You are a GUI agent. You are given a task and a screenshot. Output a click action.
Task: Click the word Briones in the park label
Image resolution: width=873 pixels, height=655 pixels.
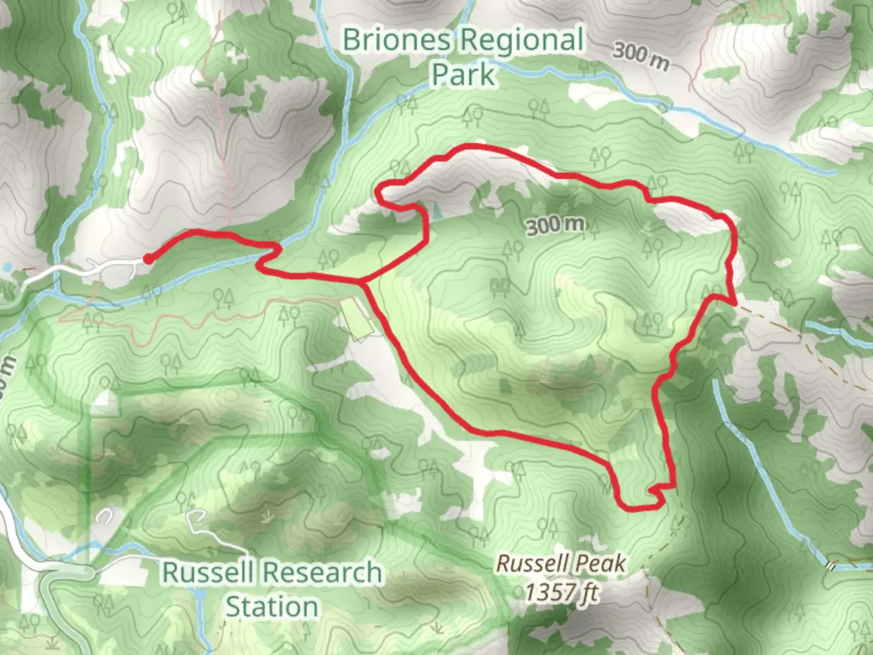coord(397,40)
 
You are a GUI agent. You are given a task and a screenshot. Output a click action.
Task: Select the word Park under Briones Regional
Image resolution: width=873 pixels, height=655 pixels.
coord(463,75)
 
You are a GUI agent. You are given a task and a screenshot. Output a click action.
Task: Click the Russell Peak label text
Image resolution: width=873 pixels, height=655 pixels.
coord(561,563)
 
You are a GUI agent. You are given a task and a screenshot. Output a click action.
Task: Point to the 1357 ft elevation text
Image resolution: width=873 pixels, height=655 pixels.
coord(561,591)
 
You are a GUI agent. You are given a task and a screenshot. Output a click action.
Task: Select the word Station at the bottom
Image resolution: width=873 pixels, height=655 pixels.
coord(272,606)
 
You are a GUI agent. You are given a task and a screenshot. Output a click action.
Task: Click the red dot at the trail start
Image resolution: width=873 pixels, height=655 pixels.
coord(147,259)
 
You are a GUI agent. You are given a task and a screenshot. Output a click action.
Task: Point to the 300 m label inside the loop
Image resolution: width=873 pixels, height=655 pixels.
coord(555,226)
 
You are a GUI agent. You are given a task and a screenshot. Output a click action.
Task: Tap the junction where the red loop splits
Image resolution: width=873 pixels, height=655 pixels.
coord(362,282)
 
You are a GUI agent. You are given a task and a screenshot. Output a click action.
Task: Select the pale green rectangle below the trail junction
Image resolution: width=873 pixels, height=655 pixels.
coord(357,319)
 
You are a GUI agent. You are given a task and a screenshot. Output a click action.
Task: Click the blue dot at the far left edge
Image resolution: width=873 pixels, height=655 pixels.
coord(7,267)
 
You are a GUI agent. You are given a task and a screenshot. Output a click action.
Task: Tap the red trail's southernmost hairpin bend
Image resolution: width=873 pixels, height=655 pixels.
coord(637,507)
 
